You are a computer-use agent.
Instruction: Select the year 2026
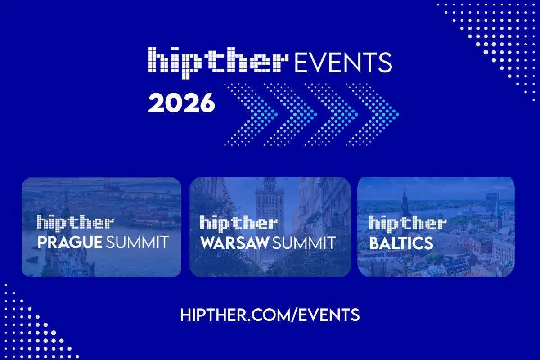(x=182, y=103)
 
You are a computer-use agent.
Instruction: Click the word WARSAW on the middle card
(x=234, y=243)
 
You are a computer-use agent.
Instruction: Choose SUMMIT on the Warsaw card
(x=304, y=243)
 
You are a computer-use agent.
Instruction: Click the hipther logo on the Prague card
(x=75, y=223)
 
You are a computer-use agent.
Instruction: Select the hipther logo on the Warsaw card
(x=238, y=223)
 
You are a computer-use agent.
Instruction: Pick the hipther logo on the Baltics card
(x=407, y=223)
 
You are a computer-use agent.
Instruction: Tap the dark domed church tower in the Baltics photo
(x=405, y=202)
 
